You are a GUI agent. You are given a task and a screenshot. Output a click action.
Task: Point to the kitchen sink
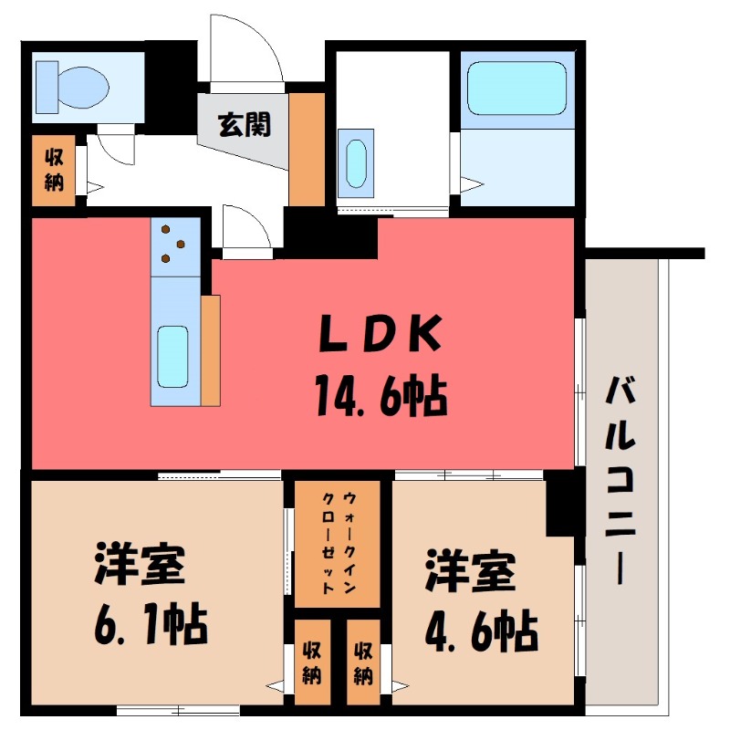[x=173, y=357]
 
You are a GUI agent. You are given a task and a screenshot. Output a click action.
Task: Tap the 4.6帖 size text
[x=480, y=627]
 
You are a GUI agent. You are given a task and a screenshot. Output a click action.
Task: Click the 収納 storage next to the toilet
[x=53, y=171]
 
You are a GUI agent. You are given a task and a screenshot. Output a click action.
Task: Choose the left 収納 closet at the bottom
[x=312, y=663]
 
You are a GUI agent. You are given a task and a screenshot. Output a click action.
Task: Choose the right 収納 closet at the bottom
[x=363, y=663]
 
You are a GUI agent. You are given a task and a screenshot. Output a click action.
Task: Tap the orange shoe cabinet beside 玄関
[x=306, y=149]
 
